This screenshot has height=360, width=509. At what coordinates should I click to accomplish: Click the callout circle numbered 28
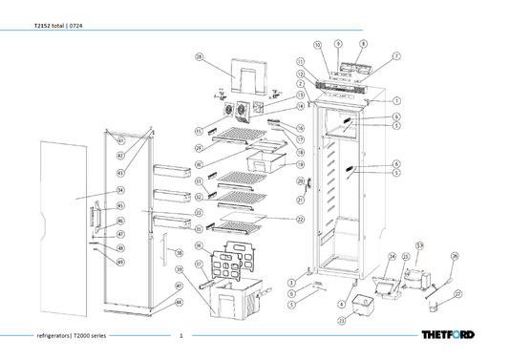pos(199,58)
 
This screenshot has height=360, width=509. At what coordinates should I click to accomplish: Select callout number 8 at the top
pos(363,44)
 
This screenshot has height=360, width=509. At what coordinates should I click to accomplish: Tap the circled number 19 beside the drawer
pos(299,166)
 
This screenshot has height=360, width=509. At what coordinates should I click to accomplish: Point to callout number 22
pos(300,219)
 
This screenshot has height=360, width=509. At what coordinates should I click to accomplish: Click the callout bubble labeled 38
pos(179,253)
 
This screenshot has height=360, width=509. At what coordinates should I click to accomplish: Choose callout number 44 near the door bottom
pos(179,301)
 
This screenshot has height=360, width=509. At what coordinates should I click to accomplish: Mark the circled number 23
pos(341,322)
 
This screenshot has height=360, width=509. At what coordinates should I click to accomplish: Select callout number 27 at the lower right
pos(457,294)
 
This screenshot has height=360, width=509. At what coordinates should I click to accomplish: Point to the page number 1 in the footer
pos(180,336)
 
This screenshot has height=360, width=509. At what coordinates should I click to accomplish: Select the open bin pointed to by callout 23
pos(359,306)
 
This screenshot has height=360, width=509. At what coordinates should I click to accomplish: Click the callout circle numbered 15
pos(199,131)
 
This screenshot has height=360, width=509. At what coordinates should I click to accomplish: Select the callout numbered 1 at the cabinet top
pos(396,100)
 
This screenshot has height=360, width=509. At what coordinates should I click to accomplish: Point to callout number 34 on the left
pos(121,191)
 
